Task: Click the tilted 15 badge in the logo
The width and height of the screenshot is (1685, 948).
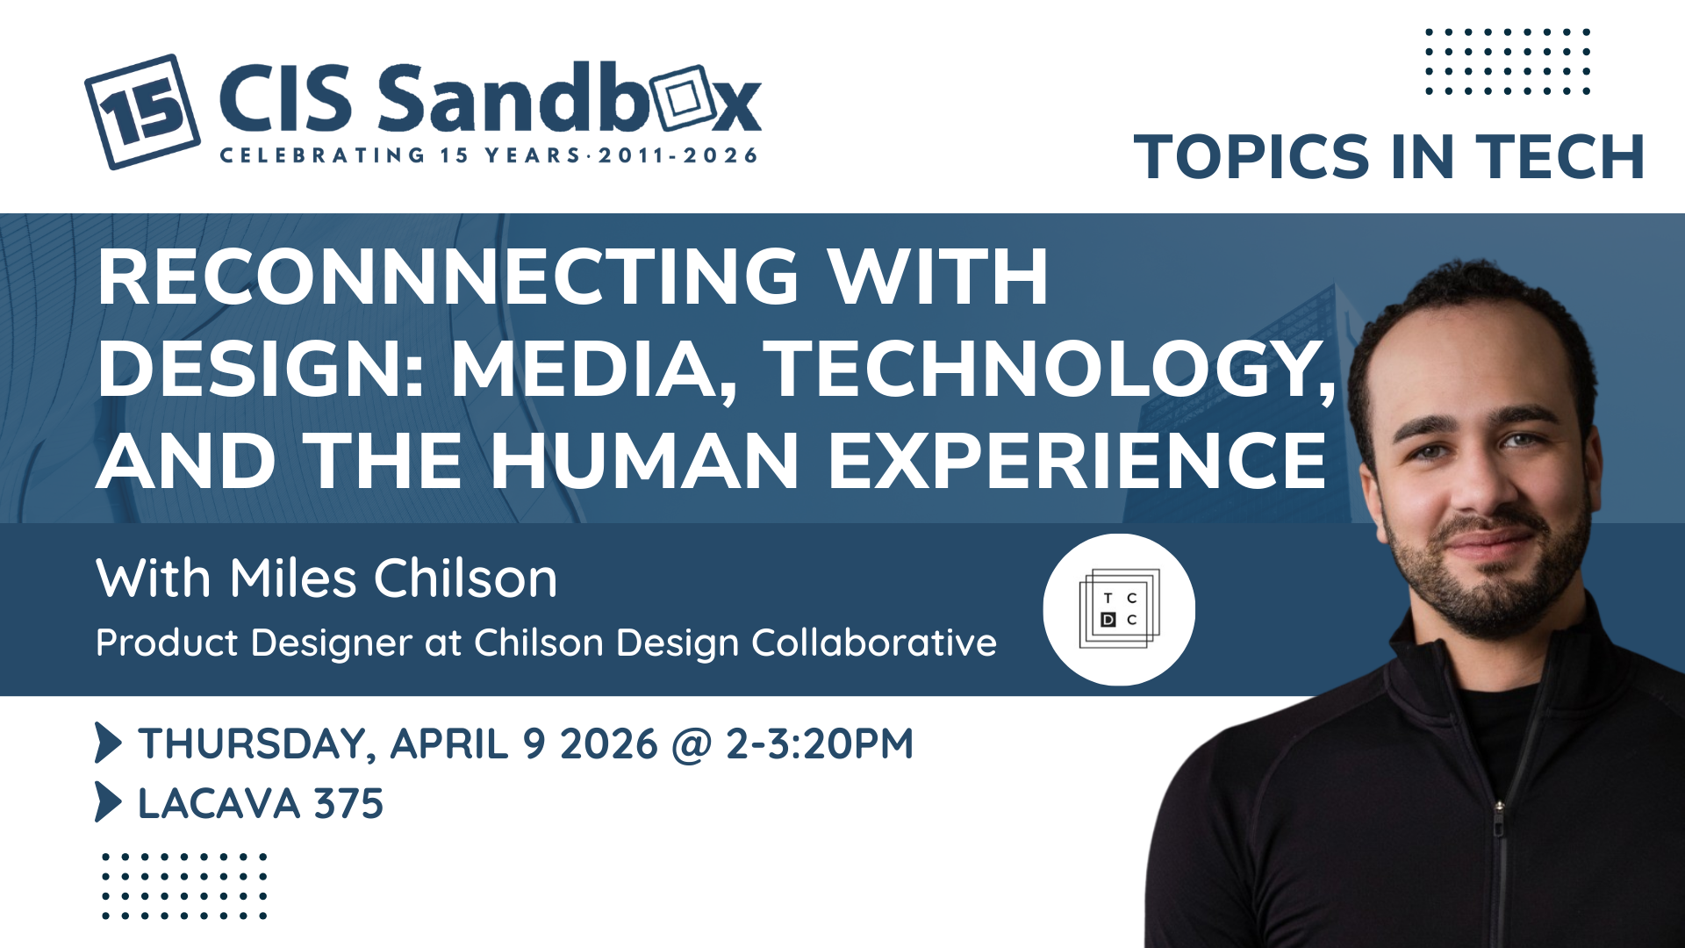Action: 142,111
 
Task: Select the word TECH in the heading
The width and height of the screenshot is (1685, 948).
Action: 1560,157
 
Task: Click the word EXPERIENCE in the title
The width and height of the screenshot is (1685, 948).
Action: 1077,461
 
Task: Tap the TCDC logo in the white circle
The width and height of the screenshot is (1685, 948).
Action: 1119,609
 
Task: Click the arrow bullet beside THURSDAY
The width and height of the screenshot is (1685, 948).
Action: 108,743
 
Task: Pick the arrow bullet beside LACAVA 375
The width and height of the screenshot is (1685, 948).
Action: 108,801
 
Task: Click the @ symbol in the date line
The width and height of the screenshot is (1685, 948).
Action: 692,745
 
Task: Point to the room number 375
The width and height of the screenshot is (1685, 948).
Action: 349,803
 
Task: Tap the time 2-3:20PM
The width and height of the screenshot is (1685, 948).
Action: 820,743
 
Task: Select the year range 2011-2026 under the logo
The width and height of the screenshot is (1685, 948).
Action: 678,156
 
